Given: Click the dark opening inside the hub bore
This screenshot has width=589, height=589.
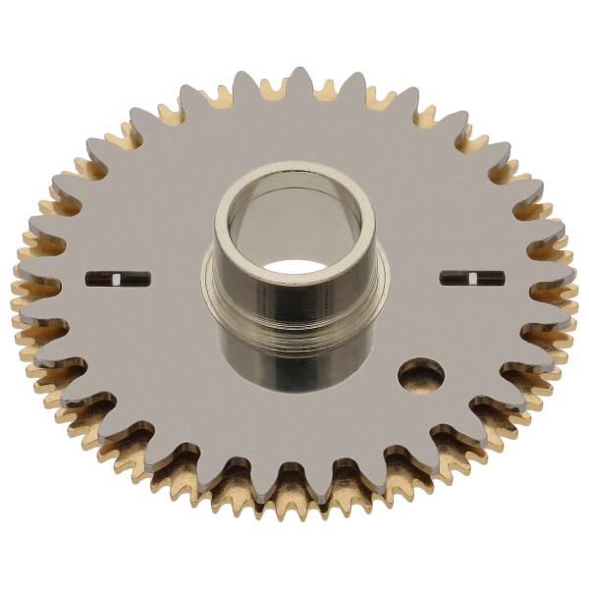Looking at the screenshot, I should [x=294, y=266].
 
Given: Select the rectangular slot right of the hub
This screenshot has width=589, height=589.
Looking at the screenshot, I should [x=472, y=278].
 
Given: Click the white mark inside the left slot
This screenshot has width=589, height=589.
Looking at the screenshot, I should [x=117, y=280].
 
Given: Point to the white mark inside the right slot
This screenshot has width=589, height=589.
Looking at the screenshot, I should [x=472, y=279].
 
